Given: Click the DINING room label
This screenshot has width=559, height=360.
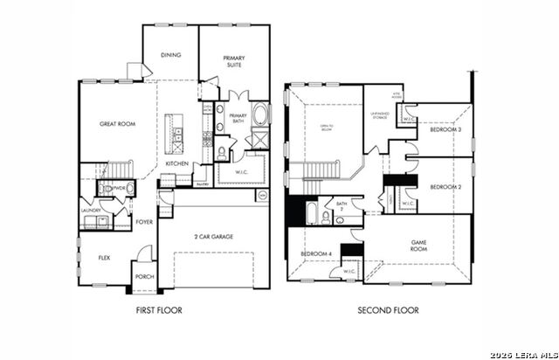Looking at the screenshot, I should click(x=171, y=55).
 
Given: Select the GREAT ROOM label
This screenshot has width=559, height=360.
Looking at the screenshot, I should click(x=117, y=124).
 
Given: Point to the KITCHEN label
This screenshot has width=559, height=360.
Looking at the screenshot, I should click(x=177, y=163).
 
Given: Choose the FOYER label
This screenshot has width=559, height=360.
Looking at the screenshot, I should click(x=145, y=222).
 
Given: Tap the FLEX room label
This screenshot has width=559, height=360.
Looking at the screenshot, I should click(x=103, y=258).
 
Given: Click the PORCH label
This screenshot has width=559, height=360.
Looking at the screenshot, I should click(x=144, y=277).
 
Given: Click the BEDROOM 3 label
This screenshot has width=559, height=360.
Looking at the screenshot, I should click(x=445, y=129).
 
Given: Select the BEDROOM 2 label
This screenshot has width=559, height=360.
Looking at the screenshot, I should click(x=445, y=187).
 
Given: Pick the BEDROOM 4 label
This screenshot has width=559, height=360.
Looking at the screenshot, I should click(x=315, y=253).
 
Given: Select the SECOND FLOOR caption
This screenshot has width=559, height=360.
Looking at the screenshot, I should click(x=388, y=310).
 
